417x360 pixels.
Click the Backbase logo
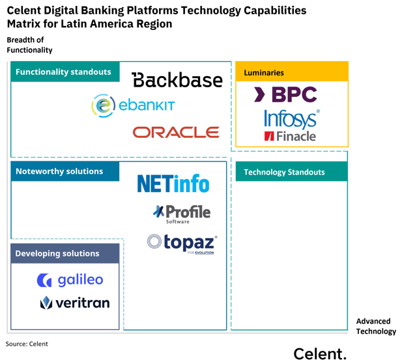(177, 80)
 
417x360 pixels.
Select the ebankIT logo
(133, 105)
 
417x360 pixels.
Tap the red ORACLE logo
(175, 132)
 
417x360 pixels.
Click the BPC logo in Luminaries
(280, 95)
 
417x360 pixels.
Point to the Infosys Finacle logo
(291, 125)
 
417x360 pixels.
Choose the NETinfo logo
(173, 183)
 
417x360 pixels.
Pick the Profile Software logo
(182, 213)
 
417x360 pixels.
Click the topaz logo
(182, 244)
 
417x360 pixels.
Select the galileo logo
(70, 281)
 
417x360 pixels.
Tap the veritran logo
(75, 303)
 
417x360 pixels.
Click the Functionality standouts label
(64, 72)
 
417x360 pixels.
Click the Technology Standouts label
(284, 172)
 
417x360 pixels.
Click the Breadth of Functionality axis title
(29, 46)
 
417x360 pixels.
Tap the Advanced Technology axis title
(375, 326)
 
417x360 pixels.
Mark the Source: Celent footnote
(27, 344)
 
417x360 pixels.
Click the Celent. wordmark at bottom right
(320, 353)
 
